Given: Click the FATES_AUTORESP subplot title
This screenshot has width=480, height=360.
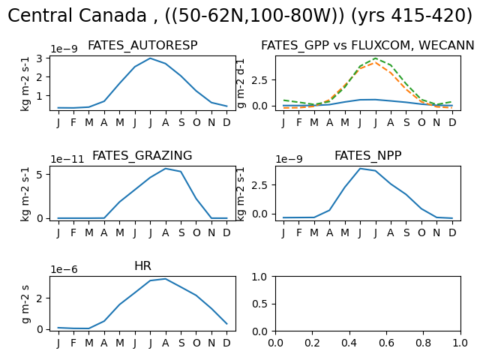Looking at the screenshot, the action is coord(142,46).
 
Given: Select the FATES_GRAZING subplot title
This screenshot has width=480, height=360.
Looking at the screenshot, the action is coord(142,155).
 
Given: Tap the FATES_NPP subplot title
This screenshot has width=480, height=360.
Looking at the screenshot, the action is coord(368,155).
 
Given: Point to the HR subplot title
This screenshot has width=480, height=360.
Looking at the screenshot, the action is coord(142,265).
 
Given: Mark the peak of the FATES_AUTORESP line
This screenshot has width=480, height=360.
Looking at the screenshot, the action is coord(150,58).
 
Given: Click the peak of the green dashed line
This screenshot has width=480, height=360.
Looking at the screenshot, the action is coord(376,58).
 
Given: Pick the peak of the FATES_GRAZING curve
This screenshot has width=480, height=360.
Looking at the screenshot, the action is coord(166,168).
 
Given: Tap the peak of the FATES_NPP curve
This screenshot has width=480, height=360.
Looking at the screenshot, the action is coord(360,168).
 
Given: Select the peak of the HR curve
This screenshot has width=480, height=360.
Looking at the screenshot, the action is coord(166,278).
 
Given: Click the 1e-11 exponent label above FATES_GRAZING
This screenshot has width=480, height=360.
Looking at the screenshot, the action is coord(67,159).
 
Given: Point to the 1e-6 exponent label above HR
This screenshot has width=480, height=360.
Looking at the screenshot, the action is coord(64,269).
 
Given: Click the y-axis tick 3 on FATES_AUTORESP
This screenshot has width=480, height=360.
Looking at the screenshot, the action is coord(39,58).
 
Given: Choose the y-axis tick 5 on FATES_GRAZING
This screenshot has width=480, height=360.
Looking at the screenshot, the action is coord(39,174).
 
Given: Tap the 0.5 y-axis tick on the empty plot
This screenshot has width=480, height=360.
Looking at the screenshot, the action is coord(260,304).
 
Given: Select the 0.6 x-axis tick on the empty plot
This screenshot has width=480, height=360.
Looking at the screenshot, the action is coord(386,343).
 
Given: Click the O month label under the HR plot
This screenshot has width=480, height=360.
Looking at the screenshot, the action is coord(196,343).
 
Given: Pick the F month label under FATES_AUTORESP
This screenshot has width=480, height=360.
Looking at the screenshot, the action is coord(73,122).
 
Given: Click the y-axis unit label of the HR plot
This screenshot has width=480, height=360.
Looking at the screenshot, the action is coord(25,304).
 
